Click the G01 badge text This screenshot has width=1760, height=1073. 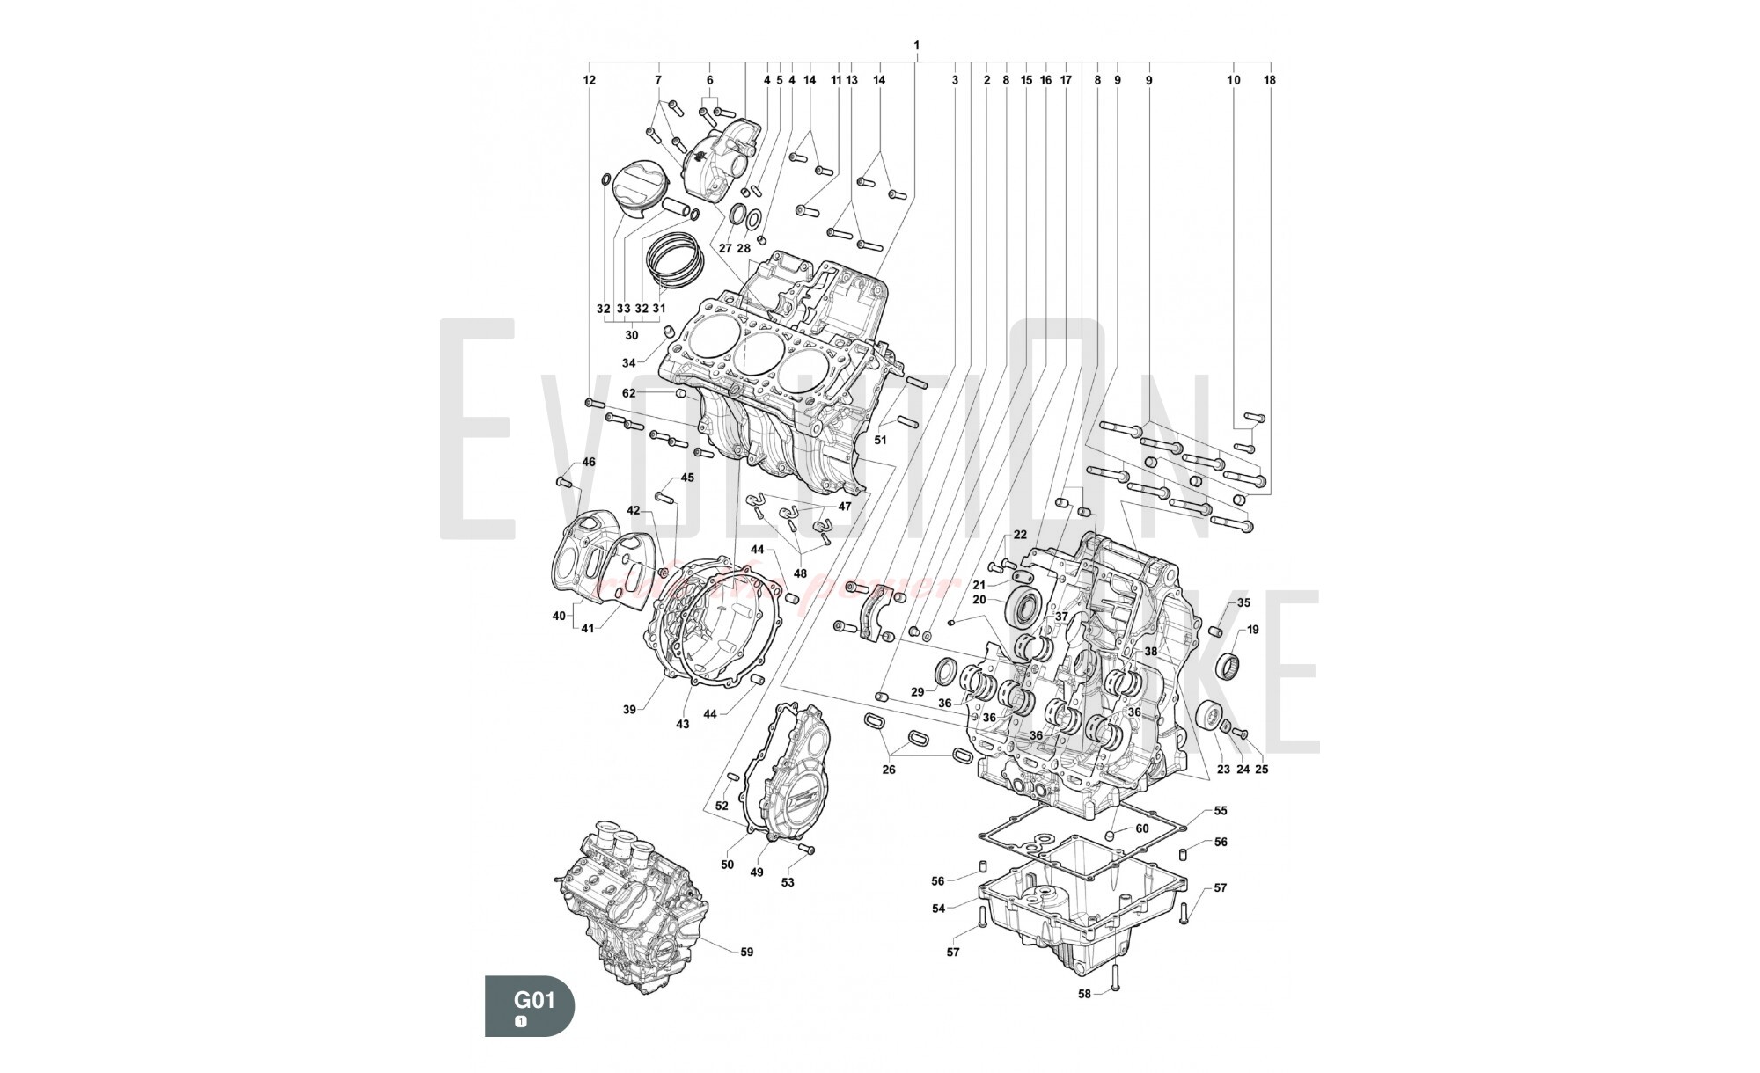coord(534,1000)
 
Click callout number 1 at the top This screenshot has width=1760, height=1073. coord(917,45)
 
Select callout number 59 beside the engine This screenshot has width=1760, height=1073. coord(746,952)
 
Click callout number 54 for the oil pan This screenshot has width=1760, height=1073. coord(939,909)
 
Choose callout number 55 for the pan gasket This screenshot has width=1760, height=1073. coord(1221,811)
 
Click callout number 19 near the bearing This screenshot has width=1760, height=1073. coord(1252,630)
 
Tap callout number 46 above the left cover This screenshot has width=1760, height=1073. coord(589,462)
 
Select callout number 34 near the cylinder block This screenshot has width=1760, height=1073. coord(628,363)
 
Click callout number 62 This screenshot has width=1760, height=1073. coord(628,393)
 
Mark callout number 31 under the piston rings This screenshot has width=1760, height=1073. coord(660,309)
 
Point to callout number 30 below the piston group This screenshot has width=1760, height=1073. coord(632,335)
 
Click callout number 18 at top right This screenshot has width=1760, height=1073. coord(1269,80)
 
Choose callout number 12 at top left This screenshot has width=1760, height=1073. coord(589,80)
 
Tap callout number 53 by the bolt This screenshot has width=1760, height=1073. coord(788,882)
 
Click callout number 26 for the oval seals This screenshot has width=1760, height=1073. coord(889,770)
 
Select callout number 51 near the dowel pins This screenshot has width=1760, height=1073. coord(880,439)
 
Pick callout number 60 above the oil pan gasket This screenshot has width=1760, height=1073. coord(1142,828)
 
